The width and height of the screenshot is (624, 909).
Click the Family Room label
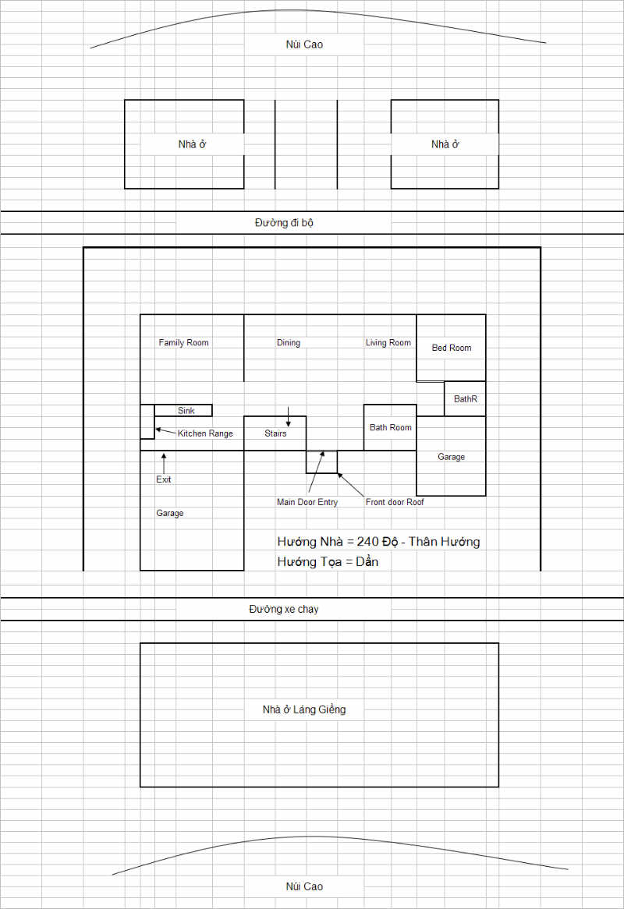[x=183, y=342]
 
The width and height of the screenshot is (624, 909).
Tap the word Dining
[x=289, y=342]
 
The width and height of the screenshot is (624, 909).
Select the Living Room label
[x=388, y=342]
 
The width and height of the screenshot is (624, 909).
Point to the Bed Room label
[x=451, y=348]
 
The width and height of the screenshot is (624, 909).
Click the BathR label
[x=465, y=399]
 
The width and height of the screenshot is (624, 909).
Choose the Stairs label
[x=275, y=433]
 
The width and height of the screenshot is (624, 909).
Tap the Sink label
[x=186, y=410]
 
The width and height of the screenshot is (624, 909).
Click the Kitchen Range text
[x=204, y=433]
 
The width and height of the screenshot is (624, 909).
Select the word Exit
[x=164, y=479]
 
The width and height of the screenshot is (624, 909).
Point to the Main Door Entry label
[x=307, y=502]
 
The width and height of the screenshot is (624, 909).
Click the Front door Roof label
[x=395, y=502]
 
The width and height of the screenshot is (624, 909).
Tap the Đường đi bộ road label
[x=284, y=223]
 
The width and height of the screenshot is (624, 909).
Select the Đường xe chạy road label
[x=284, y=610]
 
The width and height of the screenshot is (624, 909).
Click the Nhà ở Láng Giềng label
[x=304, y=709]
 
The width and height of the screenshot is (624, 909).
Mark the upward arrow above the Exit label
[x=164, y=464]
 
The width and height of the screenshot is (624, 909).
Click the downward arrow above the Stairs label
[x=289, y=417]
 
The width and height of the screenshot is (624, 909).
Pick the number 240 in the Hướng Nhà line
[x=367, y=542]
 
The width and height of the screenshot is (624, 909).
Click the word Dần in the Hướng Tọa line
[x=367, y=561]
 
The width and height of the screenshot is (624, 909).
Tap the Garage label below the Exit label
[x=169, y=513]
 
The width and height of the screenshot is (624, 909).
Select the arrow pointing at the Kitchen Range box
[x=165, y=431]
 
